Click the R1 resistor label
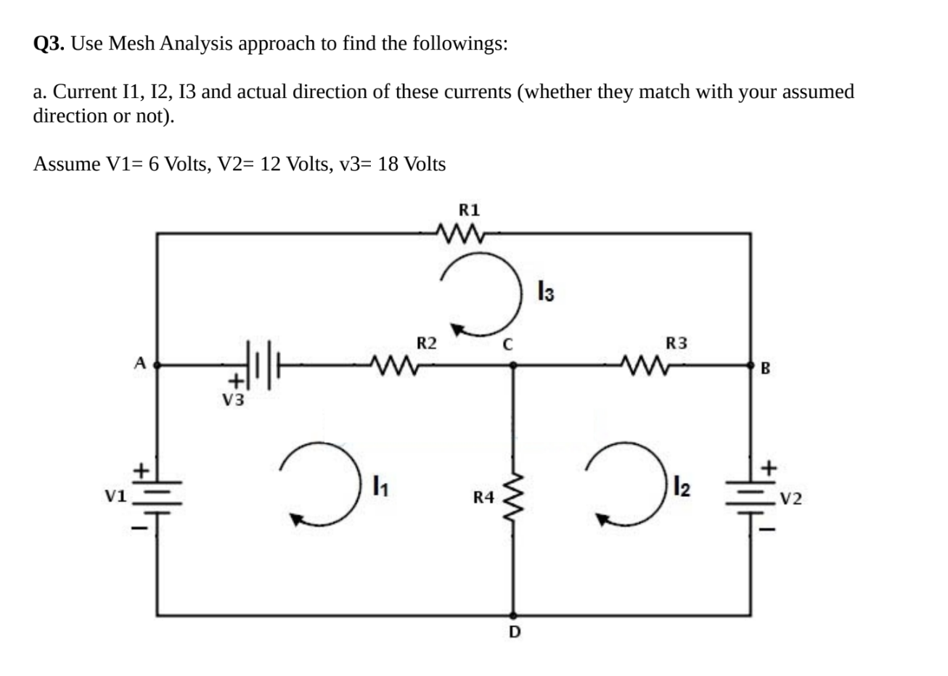coord(470,210)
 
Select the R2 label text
coord(426,342)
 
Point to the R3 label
coord(677,342)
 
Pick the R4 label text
coord(483,498)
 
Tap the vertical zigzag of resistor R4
coord(514,498)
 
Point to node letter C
coord(510,345)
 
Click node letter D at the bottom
coord(514,632)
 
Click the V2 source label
coord(790,498)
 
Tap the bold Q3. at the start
coord(51,44)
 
